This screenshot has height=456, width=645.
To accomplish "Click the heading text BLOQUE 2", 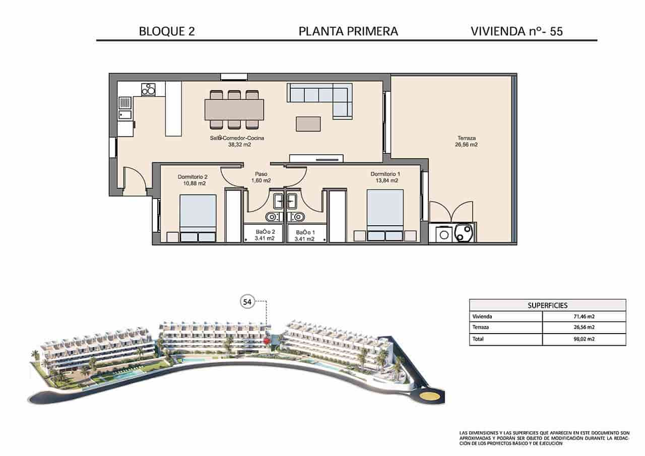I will click(x=166, y=31).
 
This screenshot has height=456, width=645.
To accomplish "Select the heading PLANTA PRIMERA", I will click(x=348, y=31).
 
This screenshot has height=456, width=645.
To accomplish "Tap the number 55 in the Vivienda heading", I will click(x=556, y=31).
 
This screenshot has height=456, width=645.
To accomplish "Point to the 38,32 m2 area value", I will click(x=239, y=145).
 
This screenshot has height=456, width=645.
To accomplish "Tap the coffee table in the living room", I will click(x=308, y=124).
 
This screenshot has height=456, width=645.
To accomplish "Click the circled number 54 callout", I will click(x=247, y=302).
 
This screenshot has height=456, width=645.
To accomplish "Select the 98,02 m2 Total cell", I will click(x=584, y=339).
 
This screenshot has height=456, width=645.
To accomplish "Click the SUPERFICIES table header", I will click(x=547, y=305).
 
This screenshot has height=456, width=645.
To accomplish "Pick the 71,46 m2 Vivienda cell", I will click(x=584, y=317).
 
